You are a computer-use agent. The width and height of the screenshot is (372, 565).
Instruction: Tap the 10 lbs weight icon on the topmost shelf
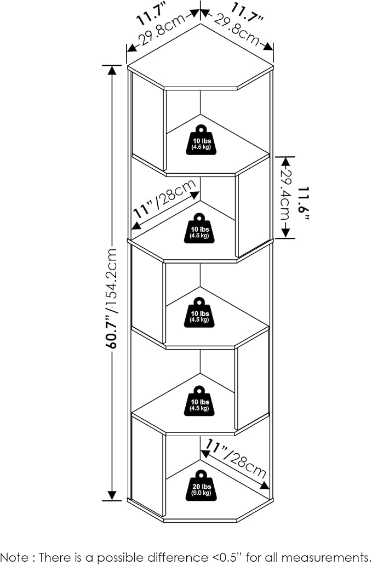click(x=201, y=140)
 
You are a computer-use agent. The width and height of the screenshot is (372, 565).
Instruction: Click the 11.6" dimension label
click(x=304, y=203)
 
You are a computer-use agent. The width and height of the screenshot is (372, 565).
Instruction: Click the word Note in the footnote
click(x=15, y=557)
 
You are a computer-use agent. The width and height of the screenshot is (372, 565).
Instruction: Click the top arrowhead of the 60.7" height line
click(x=112, y=70)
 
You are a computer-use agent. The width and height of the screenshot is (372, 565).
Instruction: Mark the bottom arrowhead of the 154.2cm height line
click(x=112, y=495)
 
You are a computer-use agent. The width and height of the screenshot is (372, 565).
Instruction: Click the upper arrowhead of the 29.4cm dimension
click(x=285, y=162)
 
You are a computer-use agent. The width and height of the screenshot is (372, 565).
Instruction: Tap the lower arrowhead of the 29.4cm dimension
click(x=285, y=233)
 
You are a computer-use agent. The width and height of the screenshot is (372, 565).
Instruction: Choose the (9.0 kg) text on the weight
click(x=201, y=493)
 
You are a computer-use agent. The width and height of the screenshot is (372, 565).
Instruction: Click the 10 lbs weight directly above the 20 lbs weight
click(x=199, y=401)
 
